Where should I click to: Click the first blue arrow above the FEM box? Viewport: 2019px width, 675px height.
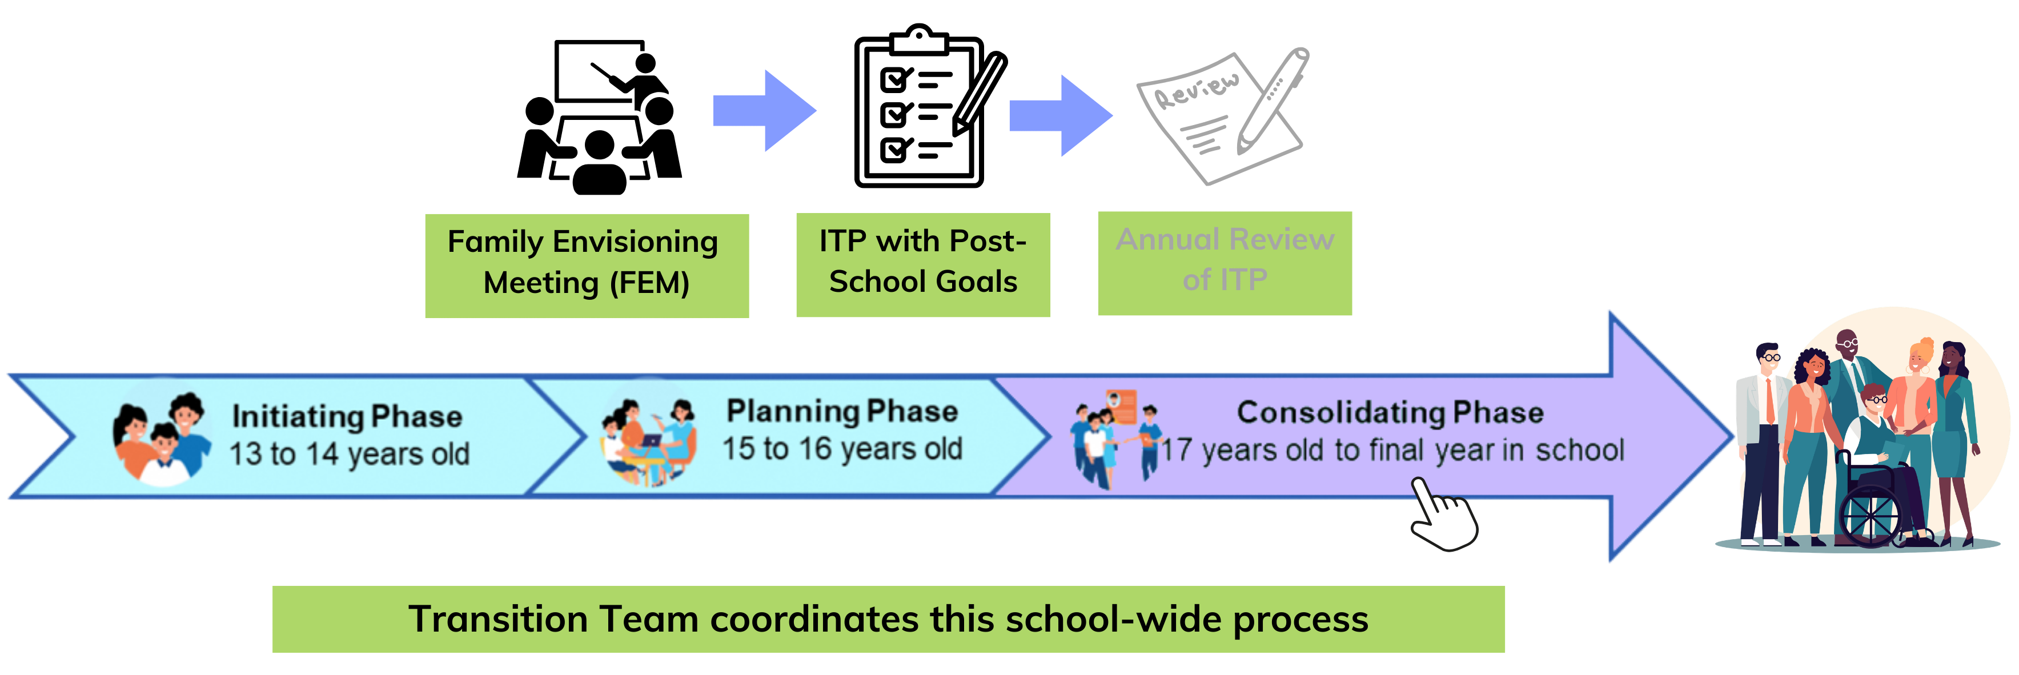click(764, 111)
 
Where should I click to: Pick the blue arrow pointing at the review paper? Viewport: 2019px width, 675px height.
click(1061, 115)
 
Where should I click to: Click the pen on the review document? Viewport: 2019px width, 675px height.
click(1274, 98)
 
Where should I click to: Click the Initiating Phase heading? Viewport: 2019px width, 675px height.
click(347, 416)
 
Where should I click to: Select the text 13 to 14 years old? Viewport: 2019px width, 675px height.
click(349, 454)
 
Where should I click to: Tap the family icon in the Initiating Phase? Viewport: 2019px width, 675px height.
click(163, 437)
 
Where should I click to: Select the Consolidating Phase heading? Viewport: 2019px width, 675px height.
click(1390, 412)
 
